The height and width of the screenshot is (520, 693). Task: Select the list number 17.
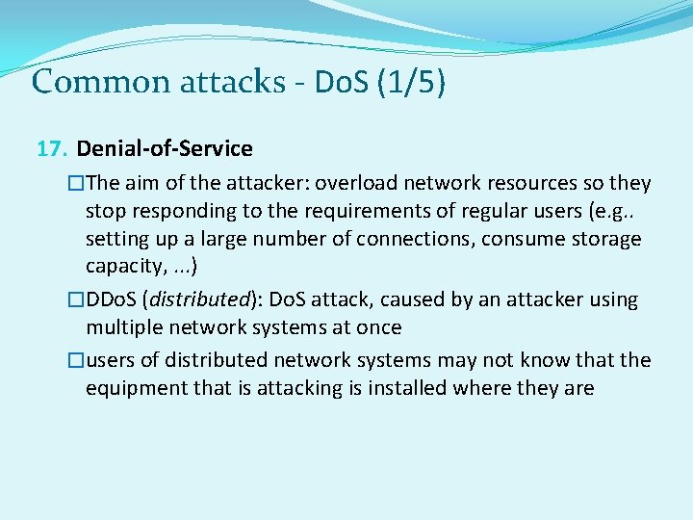point(52,149)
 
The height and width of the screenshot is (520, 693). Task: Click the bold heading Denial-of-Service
point(165,149)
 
